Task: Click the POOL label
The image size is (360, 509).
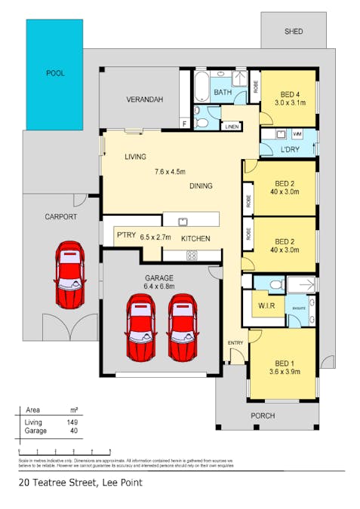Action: click(x=55, y=73)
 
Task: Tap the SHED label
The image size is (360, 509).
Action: click(x=294, y=32)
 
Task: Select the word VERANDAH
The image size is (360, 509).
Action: click(x=145, y=100)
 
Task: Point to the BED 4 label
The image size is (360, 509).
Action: click(x=289, y=94)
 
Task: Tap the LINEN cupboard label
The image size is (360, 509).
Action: click(x=232, y=127)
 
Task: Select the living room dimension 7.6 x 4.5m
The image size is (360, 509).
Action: click(x=174, y=170)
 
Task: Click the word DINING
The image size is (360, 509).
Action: click(x=201, y=186)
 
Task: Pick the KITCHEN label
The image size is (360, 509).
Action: click(x=195, y=239)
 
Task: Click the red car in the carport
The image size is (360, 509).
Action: click(x=69, y=275)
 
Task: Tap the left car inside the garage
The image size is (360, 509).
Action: click(x=141, y=327)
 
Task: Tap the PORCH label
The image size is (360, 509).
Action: click(x=263, y=415)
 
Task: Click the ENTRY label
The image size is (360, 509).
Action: click(x=235, y=343)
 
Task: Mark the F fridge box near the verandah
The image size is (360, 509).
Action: click(x=184, y=123)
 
